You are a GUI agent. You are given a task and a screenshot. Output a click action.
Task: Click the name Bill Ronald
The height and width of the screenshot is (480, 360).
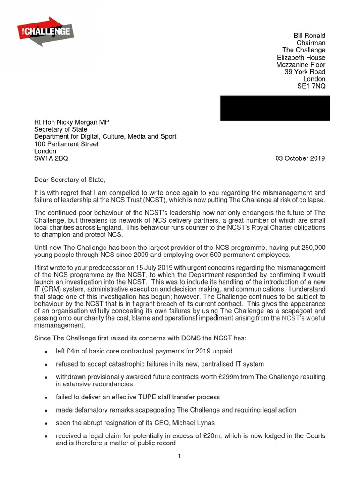[x=309, y=36]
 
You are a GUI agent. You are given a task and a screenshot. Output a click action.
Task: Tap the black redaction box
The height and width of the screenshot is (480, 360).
[x=275, y=108]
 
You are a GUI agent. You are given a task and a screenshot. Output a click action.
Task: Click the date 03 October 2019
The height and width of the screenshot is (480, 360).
[x=300, y=158]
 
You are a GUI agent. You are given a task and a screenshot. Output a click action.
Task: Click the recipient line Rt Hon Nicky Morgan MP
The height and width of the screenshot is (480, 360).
[x=72, y=122]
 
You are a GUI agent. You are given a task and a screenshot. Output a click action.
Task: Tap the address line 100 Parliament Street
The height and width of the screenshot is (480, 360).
[x=67, y=144]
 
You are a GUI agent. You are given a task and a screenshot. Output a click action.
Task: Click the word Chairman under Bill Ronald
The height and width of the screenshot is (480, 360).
[x=311, y=43]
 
